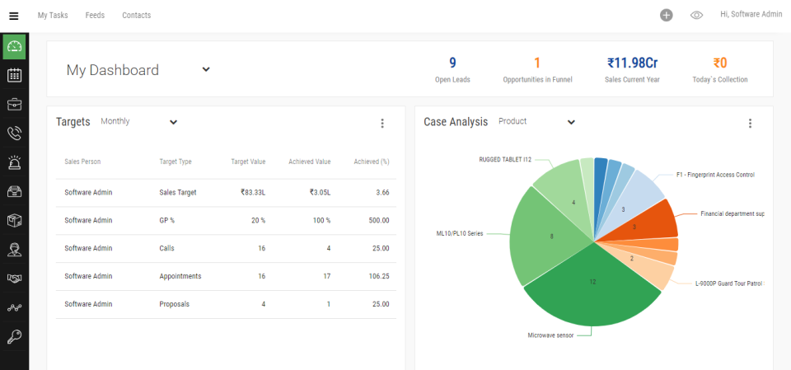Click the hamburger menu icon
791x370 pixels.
pos(13,15)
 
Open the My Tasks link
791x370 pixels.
pos(53,15)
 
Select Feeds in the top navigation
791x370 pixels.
pos(95,15)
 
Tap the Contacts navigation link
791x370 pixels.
pos(136,15)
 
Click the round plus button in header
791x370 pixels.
pos(667,15)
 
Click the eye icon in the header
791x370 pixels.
pos(696,15)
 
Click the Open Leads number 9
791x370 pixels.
pos(452,63)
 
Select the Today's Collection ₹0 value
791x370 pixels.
pos(720,63)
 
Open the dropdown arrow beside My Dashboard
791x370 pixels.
pos(206,69)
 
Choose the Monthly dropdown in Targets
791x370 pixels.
pos(139,122)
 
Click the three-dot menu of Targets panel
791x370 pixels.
pos(382,124)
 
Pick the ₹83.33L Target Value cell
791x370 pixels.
pos(252,192)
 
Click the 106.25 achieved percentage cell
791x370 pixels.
pos(377,276)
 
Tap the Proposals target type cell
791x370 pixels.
pos(174,304)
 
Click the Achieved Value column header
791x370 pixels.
pos(309,162)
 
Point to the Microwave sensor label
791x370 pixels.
pos(551,335)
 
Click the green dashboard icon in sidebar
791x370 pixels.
pos(14,46)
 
